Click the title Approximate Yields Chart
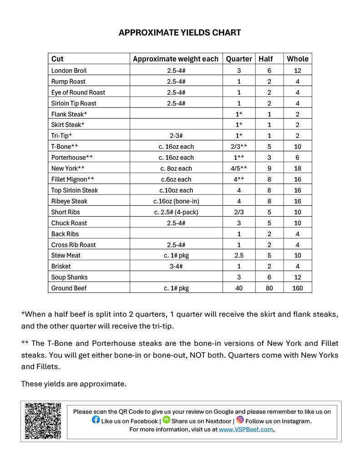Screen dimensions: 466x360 180,33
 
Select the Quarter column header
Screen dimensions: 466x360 239,59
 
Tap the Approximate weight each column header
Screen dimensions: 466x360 176,59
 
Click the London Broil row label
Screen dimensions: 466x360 69,71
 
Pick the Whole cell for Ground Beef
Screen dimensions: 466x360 298,288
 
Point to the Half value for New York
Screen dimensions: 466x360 269,168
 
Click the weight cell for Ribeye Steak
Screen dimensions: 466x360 176,201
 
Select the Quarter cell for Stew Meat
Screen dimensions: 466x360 239,255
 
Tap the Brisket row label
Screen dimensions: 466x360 61,266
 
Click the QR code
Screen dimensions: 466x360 43,420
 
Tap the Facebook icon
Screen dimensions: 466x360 96,420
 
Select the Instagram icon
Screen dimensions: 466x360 240,420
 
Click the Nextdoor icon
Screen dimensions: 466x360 166,420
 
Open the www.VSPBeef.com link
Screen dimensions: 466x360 246,429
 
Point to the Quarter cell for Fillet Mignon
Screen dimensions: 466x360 239,179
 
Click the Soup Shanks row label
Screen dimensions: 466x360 70,277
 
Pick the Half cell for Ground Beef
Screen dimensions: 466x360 269,288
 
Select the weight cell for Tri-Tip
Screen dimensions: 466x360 176,136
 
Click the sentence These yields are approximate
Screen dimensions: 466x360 74,384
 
